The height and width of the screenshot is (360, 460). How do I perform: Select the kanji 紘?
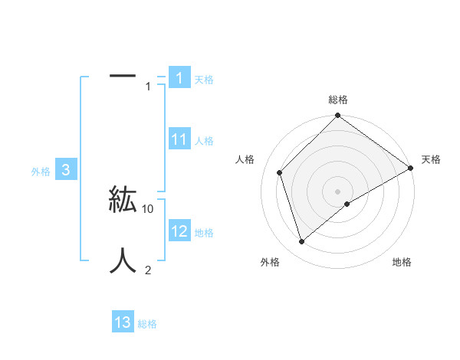tap(123, 200)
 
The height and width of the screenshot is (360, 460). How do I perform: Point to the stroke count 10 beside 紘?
tap(149, 208)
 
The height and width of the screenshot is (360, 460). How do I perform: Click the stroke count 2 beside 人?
tap(148, 269)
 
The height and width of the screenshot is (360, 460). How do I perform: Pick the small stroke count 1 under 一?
tap(148, 87)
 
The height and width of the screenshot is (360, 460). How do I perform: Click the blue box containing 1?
tap(179, 78)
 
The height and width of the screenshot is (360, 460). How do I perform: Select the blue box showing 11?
tap(179, 139)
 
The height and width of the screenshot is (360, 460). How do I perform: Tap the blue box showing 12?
tap(179, 231)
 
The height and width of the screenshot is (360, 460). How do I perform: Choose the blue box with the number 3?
tap(66, 170)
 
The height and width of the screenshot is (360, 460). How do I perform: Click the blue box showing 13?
tap(123, 322)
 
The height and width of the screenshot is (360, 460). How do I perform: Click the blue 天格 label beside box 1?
tap(204, 80)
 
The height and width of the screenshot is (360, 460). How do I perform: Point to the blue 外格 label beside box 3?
tap(41, 172)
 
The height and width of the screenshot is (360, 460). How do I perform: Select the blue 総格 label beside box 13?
tap(147, 324)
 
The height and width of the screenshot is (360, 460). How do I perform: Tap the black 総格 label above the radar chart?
tap(338, 100)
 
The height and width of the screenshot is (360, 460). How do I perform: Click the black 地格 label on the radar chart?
tap(402, 262)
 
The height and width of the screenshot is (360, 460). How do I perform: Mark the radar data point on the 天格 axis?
tap(411, 169)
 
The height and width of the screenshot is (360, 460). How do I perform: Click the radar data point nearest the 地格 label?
tap(347, 203)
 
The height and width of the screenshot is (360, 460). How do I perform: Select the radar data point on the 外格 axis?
tap(301, 242)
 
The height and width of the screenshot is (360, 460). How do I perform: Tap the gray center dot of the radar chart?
tap(337, 191)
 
